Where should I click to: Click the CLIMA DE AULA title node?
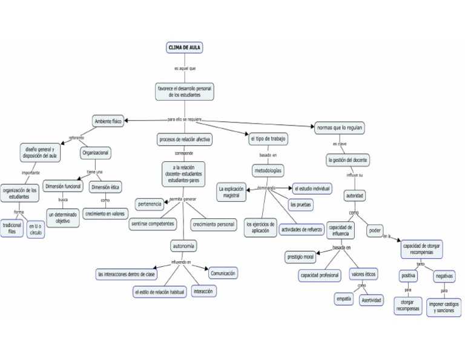tap(185, 47)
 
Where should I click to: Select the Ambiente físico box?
tap(108, 121)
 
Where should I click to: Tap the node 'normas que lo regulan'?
tap(339, 127)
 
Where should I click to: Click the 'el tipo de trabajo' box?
tap(268, 139)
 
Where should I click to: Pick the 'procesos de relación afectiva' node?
tap(185, 139)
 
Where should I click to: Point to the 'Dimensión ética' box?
tap(105, 187)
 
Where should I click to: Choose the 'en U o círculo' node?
tap(36, 229)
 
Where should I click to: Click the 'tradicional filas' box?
tap(12, 228)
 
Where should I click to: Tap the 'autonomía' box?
tap(183, 246)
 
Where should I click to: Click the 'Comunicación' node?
tap(222, 273)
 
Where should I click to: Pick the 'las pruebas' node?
tap(301, 205)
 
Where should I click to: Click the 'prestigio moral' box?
tap(300, 257)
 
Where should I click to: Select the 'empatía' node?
tap(343, 299)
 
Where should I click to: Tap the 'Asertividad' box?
tap(371, 300)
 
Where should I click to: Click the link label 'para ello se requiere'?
tap(184, 119)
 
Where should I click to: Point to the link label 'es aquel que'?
tap(185, 68)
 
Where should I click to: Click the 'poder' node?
tap(375, 230)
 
